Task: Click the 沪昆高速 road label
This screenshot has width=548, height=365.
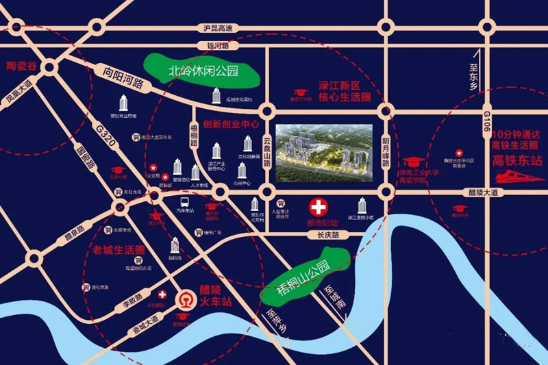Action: coord(219,28)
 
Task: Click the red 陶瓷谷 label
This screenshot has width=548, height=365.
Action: coord(21,66)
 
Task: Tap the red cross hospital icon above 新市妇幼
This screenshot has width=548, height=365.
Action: coord(317,206)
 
